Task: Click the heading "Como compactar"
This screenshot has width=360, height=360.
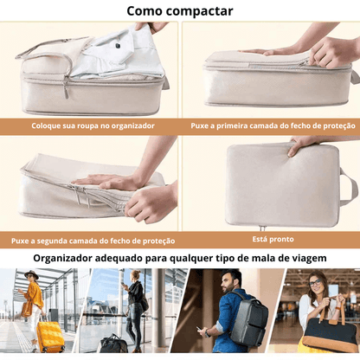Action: tap(179, 10)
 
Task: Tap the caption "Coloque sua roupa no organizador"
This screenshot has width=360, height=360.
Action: tap(93, 125)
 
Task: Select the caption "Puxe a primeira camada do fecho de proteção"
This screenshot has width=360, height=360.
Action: tap(271, 125)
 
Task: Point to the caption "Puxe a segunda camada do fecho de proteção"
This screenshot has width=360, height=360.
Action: tap(93, 241)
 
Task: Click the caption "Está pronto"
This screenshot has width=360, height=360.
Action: tap(271, 236)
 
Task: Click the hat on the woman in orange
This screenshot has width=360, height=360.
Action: tap(32, 274)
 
